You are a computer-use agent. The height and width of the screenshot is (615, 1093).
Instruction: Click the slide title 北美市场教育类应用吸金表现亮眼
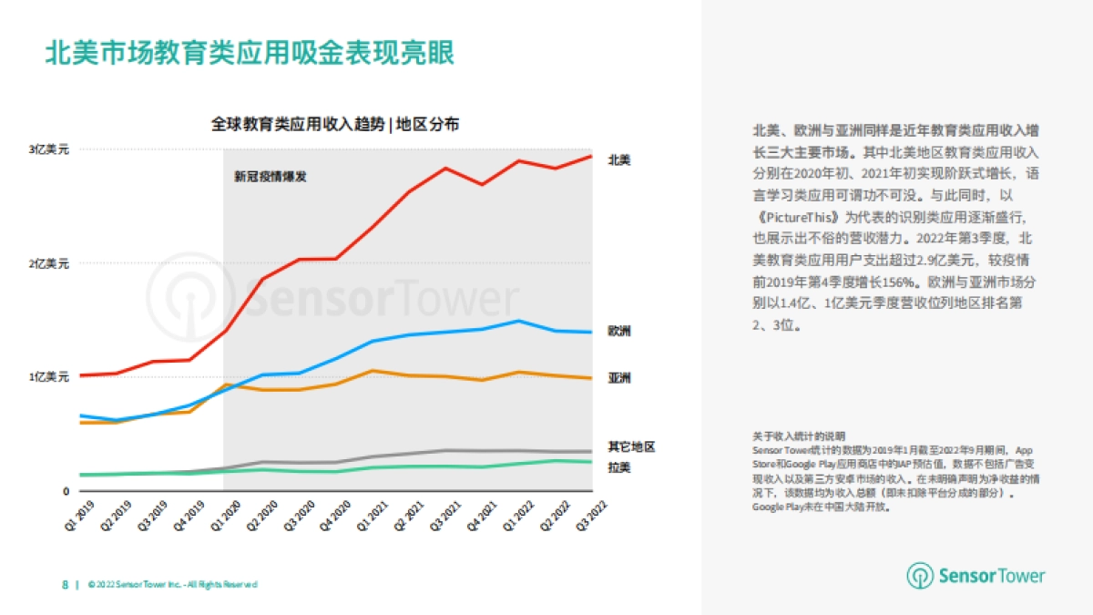tap(250, 53)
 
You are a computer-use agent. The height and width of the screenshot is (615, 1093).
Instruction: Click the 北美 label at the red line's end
tap(619, 159)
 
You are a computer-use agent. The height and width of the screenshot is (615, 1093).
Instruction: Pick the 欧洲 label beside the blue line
tap(619, 331)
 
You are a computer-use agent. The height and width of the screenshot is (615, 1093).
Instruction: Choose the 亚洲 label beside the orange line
tap(619, 378)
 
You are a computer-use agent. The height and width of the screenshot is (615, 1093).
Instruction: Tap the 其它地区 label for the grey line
tap(631, 446)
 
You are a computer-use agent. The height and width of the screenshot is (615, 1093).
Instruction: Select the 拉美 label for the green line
tap(619, 467)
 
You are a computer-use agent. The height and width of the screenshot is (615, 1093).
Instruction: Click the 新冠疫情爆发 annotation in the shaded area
tap(271, 177)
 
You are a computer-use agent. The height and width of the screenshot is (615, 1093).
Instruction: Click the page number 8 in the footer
tap(65, 584)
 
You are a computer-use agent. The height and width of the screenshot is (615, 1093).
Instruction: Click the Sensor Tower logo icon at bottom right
tap(920, 576)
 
